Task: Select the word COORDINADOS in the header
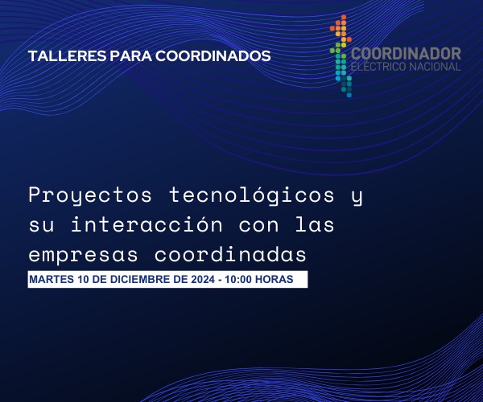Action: click(x=212, y=57)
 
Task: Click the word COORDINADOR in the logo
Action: click(x=407, y=54)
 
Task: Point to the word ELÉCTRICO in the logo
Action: click(x=379, y=67)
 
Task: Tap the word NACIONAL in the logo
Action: click(x=435, y=67)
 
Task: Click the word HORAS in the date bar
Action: click(x=284, y=280)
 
